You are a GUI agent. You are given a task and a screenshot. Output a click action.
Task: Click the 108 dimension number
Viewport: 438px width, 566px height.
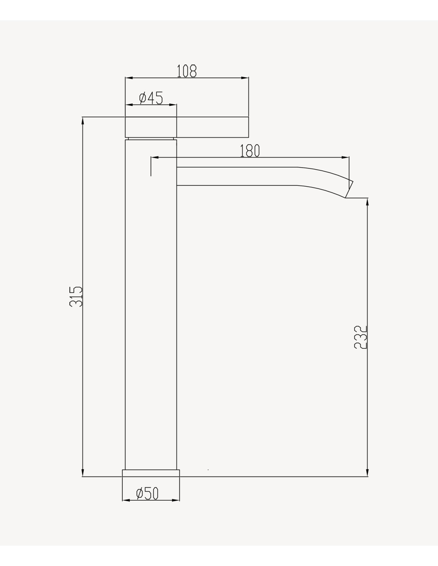coord(187,71)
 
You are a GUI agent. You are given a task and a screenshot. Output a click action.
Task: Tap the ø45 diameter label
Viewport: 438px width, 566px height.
coord(151,98)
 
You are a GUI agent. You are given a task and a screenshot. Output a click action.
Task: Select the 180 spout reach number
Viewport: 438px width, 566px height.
coord(250,150)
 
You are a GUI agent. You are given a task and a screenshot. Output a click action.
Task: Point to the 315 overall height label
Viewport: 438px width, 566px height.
coord(76,297)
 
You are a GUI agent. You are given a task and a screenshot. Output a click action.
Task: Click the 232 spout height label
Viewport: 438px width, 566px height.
coord(360,337)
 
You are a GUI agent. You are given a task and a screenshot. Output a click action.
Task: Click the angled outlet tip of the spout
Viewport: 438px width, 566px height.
coord(349,189)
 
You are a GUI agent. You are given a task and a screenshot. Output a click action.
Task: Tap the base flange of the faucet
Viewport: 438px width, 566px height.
coord(151,473)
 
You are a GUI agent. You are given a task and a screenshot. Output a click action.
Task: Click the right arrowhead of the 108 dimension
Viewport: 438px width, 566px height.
coord(244,78)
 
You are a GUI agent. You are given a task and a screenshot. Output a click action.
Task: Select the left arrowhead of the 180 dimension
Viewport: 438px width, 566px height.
coord(155,157)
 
